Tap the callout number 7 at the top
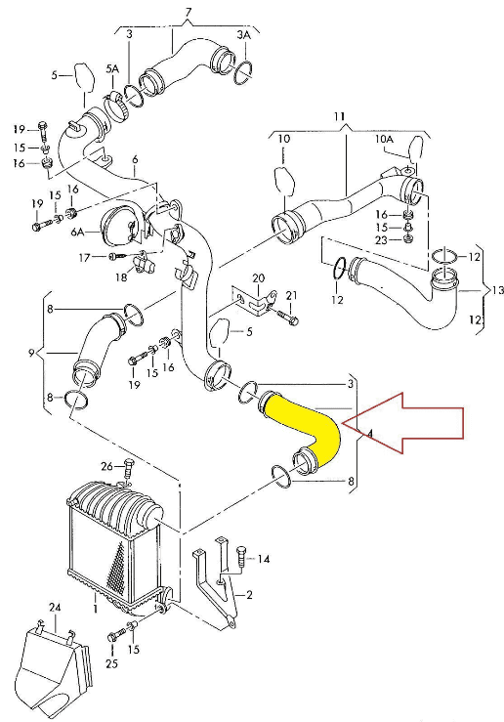tap(188, 13)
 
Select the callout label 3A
tap(243, 34)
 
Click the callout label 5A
tap(112, 69)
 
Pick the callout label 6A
tap(77, 233)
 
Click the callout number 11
tap(339, 116)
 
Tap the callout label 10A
tap(384, 138)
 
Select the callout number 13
tap(497, 290)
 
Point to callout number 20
tap(259, 278)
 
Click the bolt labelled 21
tap(287, 317)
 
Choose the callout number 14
tap(264, 560)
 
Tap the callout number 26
tap(106, 467)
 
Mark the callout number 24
tap(55, 609)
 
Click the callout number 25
tap(112, 663)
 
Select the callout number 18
tap(121, 277)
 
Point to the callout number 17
tap(84, 257)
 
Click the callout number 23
tap(381, 240)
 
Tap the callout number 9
tap(31, 353)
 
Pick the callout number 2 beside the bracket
tap(249, 595)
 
